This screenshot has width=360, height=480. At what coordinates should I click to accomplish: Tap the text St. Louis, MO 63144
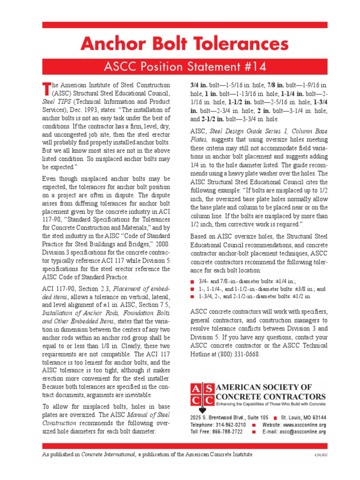(303, 418)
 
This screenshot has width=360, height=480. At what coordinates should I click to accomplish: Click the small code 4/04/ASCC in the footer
(320, 455)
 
